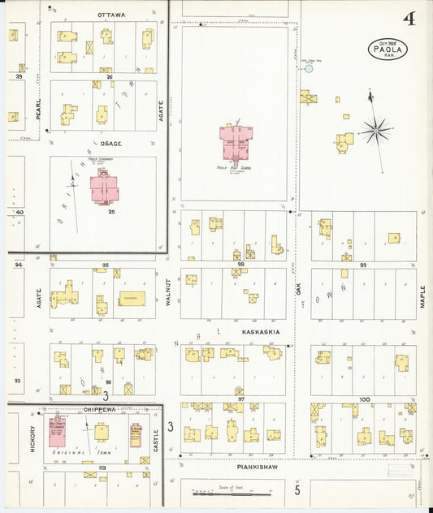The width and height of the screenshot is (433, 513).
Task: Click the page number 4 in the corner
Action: click(409, 19)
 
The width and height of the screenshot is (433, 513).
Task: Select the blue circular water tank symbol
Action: click(309, 69)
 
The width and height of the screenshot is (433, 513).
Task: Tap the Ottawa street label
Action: click(111, 15)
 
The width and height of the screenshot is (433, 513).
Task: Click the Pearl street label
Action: click(37, 110)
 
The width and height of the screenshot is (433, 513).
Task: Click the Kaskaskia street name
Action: click(261, 332)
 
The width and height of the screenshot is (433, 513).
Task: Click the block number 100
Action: click(364, 399)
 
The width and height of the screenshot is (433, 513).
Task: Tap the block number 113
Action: click(102, 468)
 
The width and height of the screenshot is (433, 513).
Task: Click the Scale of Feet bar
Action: click(232, 492)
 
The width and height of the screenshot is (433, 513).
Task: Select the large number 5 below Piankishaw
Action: click(297, 489)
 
